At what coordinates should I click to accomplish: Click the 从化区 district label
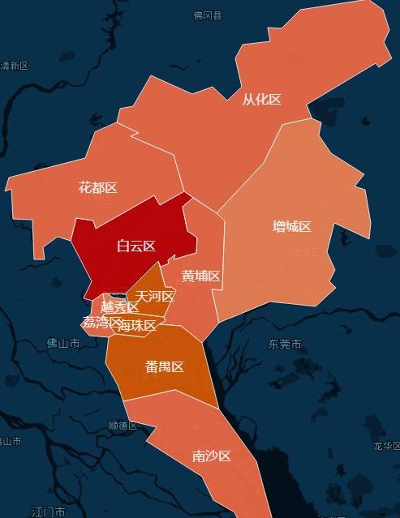pos(261,100)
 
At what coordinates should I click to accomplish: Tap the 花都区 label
pos(97,188)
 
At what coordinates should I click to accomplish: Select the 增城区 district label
pos(292,226)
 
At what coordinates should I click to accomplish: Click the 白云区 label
pos(135,246)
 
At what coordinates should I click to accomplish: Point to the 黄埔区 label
pos(201,276)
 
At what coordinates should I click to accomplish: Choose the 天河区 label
pos(155,296)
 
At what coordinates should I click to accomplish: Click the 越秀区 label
pos(119,307)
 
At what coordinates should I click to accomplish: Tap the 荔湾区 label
pos(101,322)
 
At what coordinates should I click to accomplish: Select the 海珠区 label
pos(136,326)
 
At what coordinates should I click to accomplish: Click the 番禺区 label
pos(164,366)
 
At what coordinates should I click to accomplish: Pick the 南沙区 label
pos(211,456)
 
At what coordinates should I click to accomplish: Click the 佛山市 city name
pos(63,344)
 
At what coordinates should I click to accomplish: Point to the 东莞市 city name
pos(285,345)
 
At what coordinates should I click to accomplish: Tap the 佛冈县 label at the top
pos(207,15)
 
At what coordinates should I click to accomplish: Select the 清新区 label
pos(15,66)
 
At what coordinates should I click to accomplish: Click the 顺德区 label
pos(123,426)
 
